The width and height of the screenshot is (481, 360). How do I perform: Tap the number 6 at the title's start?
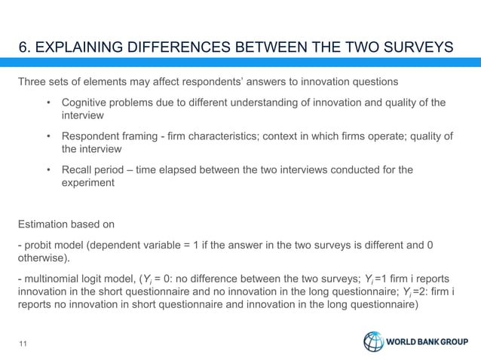23,48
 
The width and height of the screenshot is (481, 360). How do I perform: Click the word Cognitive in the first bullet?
85,103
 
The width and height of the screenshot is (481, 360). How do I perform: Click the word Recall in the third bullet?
77,169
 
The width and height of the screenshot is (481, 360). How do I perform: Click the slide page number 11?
23,344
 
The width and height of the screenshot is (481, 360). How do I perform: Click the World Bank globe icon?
373,342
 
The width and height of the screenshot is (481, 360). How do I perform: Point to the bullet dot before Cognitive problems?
48,103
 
